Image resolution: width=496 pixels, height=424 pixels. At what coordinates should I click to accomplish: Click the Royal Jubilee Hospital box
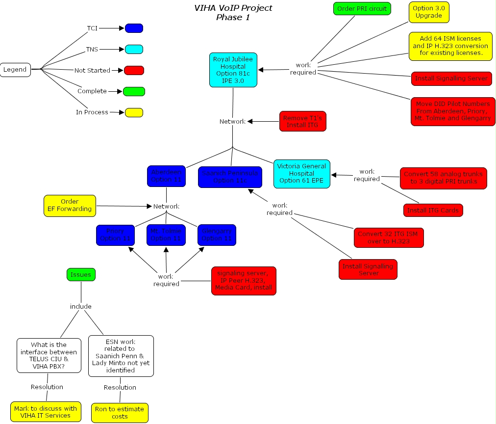point(233,70)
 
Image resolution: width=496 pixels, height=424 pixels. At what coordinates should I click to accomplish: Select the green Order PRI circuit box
point(362,8)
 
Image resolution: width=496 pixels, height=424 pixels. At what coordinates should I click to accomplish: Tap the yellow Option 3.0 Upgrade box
point(428,12)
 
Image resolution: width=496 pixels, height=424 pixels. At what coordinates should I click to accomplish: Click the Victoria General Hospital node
point(302,173)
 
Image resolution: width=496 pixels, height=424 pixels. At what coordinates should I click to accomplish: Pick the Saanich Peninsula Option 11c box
point(230,177)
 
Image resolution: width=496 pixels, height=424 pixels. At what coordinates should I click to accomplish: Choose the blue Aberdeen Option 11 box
point(166,176)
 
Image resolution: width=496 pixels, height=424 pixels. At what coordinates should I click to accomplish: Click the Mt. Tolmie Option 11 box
point(166,235)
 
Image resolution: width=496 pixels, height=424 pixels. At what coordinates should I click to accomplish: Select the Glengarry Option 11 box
point(217,235)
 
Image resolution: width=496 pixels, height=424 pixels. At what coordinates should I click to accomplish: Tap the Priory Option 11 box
point(115,235)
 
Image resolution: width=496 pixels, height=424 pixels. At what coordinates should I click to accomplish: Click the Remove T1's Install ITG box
point(303,121)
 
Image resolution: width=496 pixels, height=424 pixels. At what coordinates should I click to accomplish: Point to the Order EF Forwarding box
point(70,205)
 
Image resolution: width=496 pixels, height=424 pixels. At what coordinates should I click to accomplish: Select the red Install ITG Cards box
point(433,210)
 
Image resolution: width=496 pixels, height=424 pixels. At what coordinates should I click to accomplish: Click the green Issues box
point(81,274)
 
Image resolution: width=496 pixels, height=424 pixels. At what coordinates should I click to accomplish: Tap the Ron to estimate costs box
point(120,413)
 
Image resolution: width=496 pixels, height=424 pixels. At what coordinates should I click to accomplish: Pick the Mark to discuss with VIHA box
point(46,412)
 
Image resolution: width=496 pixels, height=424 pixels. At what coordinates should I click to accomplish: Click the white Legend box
point(15,69)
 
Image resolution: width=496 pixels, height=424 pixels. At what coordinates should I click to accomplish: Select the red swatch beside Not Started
point(134,70)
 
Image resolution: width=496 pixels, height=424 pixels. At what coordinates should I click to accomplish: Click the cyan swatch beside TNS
point(134,49)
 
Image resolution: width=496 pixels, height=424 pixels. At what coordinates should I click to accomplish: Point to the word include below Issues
point(81,306)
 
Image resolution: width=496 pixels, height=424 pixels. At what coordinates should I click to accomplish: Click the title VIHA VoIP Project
point(233,8)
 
